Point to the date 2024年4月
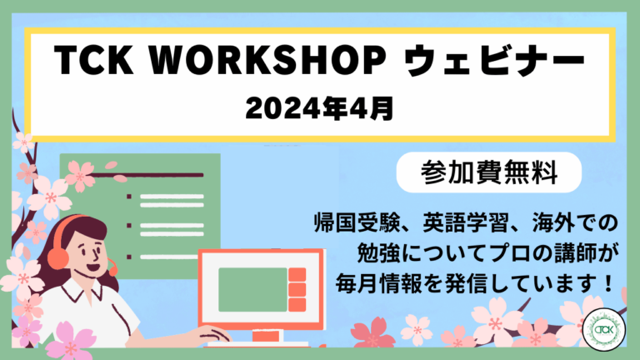pos(320,107)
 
